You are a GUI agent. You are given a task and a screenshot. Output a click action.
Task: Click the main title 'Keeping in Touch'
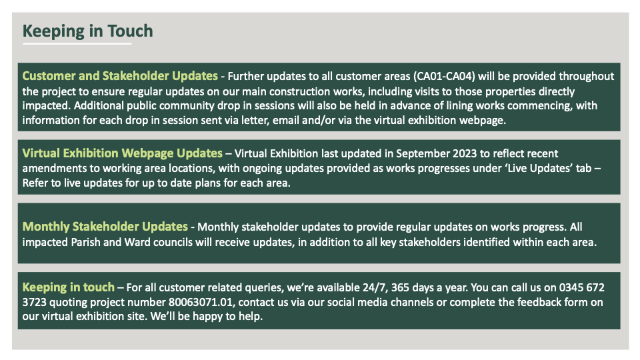[88, 31]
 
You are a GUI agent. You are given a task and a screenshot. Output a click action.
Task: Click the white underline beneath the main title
[77, 44]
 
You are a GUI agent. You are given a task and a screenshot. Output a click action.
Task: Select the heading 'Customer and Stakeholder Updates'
[120, 76]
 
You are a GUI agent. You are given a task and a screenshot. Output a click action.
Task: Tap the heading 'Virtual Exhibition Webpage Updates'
[123, 153]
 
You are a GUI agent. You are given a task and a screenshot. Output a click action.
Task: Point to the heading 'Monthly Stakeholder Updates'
[105, 227]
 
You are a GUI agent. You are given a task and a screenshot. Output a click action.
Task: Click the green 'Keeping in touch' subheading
[69, 287]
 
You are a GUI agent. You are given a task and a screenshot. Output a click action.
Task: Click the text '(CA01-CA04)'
[444, 76]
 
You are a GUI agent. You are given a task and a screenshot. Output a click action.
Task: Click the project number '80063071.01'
[201, 303]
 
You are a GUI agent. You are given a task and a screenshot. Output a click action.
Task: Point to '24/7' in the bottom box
[374, 288]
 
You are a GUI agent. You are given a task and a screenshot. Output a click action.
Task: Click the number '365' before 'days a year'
[400, 288]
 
